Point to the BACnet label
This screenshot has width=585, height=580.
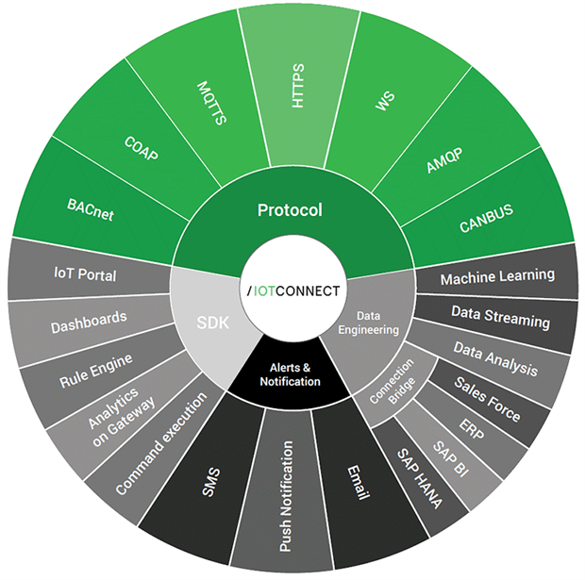tap(91, 209)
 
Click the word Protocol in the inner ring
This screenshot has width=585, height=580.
tap(290, 209)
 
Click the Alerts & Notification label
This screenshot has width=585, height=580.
tap(291, 375)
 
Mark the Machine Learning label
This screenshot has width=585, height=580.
tap(497, 277)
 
